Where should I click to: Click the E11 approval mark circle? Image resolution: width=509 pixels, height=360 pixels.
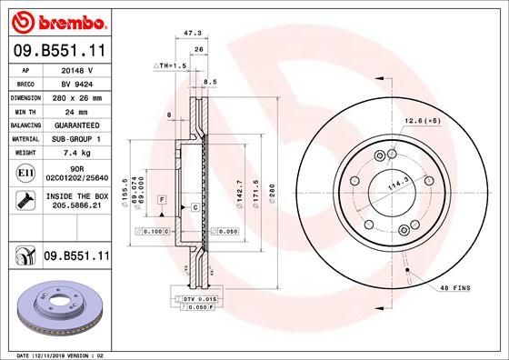(25, 171)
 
